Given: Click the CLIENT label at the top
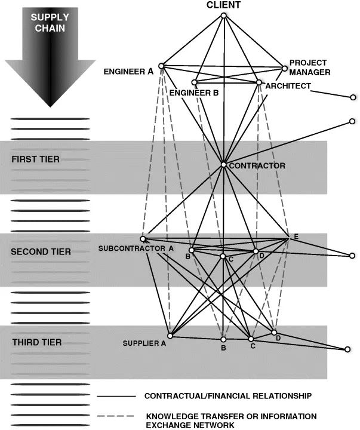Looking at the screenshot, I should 224,5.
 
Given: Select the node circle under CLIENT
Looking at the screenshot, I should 224,16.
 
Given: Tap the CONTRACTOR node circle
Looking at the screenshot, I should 223,164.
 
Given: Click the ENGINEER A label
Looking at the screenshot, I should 128,72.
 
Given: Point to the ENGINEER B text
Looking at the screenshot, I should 194,93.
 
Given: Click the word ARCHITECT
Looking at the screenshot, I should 288,86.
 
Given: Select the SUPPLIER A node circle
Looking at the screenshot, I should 170,335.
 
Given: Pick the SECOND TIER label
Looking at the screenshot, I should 41,252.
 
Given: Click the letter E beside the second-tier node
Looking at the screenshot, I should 295,237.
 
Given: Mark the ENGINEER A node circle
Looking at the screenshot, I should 161,66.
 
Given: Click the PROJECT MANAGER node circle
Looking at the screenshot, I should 284,68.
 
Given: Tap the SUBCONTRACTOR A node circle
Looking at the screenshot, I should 143,239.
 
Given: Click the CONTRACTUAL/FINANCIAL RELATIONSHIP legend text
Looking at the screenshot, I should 228,396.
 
